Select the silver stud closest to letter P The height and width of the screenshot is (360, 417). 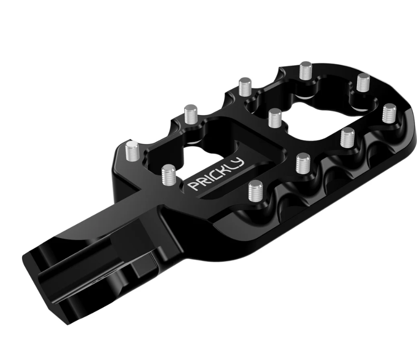pyautogui.click(x=169, y=174)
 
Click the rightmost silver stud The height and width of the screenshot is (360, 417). pyautogui.click(x=389, y=114)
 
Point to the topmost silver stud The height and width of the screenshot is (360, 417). pyautogui.click(x=306, y=71)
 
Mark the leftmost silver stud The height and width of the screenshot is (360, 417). pyautogui.click(x=132, y=151)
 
